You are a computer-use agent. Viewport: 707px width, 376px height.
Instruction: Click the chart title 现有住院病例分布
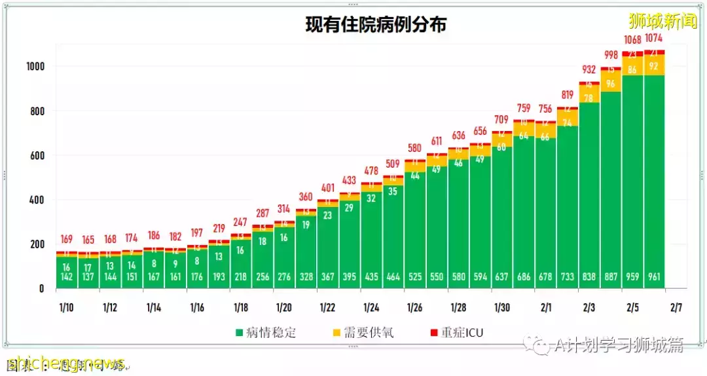pos(376,24)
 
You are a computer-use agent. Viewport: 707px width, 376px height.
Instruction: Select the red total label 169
pos(67,239)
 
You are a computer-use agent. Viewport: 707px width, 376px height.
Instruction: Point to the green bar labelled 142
pos(67,272)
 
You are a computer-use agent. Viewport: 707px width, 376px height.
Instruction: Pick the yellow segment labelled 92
pos(655,66)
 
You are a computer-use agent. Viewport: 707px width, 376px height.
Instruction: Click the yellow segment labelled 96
pos(611,83)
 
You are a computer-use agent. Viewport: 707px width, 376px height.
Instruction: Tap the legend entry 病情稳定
pos(264,333)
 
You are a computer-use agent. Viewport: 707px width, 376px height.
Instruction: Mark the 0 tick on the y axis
pos(41,288)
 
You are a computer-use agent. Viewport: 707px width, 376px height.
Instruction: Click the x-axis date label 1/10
pos(67,307)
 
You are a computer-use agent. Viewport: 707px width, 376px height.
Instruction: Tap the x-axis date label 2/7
pos(676,307)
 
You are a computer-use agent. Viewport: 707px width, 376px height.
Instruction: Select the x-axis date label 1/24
pos(371,307)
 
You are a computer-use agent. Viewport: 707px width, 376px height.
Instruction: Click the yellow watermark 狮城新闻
pos(662,21)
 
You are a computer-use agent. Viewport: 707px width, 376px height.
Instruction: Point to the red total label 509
pos(393,164)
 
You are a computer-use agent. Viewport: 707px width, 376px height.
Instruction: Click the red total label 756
pos(545,109)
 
